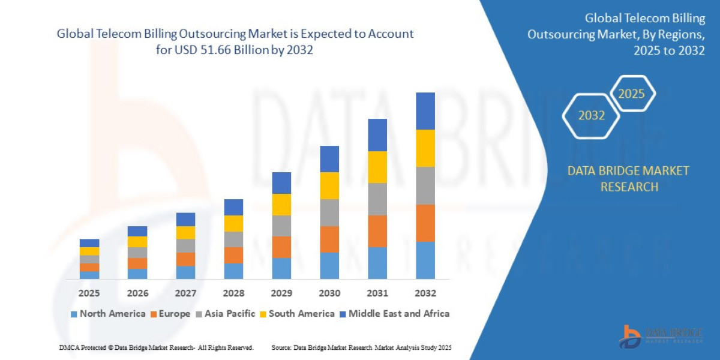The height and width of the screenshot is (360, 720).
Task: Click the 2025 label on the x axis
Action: point(89,293)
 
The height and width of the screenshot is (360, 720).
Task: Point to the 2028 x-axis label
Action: point(233,293)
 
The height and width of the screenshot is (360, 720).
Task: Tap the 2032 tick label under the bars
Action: point(425,293)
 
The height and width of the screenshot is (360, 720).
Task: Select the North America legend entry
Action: point(108,314)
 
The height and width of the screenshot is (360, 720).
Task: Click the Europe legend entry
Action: point(169,314)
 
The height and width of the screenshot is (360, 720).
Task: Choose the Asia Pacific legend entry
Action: point(225,314)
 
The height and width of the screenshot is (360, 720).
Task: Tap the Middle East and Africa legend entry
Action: point(394,314)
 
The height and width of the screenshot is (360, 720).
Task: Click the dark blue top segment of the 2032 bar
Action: point(425,111)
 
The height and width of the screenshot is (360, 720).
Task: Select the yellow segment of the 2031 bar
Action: point(377,167)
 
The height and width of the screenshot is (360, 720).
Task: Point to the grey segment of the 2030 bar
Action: point(329,212)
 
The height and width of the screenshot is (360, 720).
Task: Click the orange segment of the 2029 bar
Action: point(281,247)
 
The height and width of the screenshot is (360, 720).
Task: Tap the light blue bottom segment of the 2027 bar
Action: point(185,272)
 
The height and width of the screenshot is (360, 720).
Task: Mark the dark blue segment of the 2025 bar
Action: point(89,243)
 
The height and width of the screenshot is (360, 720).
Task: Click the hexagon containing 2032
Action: point(591,116)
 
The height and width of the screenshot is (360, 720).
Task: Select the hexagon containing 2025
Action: point(631,94)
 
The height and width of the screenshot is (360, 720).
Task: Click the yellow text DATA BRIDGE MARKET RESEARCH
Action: point(628,179)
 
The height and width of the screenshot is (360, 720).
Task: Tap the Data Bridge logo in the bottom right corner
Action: point(660,335)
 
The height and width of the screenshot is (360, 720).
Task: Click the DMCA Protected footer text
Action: point(156,348)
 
